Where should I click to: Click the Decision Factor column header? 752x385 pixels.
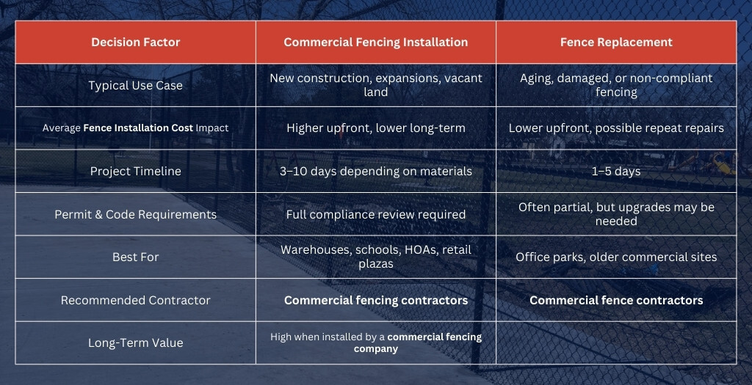point(136,42)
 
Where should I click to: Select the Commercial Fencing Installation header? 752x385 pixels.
point(376,42)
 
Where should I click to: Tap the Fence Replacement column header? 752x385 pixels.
point(616,42)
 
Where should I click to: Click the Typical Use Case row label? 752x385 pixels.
point(136,85)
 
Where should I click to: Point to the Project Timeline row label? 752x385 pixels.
point(136,171)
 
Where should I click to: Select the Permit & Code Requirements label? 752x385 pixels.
point(136,214)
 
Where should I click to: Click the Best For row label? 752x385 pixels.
point(136,257)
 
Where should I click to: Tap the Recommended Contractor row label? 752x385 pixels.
point(136,300)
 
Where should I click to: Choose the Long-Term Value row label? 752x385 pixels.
point(136,343)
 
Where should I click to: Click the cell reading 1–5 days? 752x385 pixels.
point(616,171)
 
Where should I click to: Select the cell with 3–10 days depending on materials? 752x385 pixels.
point(376,171)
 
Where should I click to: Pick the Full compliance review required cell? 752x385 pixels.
point(376,214)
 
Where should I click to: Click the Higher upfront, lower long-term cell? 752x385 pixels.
point(376,128)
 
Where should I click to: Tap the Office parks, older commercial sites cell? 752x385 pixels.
point(616,257)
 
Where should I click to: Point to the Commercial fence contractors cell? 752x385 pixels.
point(616,300)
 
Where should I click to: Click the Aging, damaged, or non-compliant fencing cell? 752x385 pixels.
point(616,85)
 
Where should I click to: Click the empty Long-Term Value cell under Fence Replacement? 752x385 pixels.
point(616,343)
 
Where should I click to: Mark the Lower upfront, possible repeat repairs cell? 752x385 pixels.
point(616,128)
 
